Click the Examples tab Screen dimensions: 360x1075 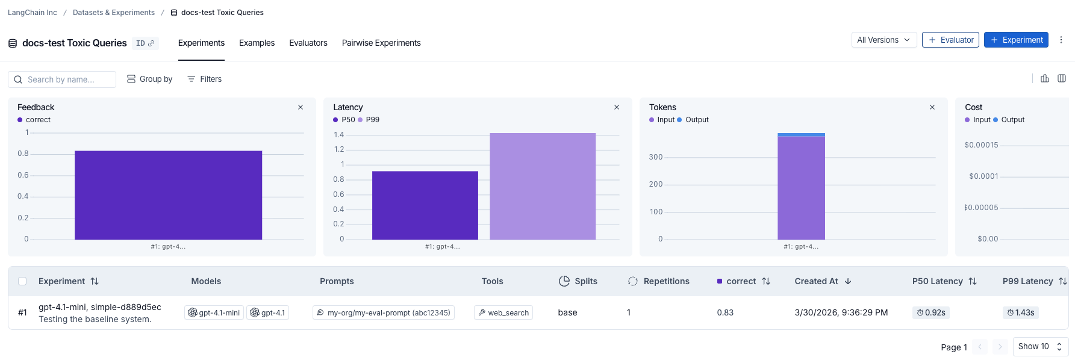[257, 43]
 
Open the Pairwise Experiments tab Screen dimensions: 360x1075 [381, 43]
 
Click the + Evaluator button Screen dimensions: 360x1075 [950, 40]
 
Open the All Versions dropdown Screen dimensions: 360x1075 [883, 40]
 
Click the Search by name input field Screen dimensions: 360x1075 [62, 79]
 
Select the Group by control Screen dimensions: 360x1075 [150, 79]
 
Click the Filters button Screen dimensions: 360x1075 [204, 79]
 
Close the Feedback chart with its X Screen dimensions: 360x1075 [301, 107]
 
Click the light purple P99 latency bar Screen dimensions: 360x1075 [543, 186]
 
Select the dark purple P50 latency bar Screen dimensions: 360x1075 [425, 205]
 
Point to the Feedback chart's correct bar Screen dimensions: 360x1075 [168, 195]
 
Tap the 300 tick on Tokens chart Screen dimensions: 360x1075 [656, 157]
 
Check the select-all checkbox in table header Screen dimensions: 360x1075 [22, 281]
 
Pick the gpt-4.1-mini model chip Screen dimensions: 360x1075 [214, 312]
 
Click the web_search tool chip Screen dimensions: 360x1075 [503, 312]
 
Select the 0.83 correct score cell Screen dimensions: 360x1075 [725, 312]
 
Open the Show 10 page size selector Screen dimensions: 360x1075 [1040, 347]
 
